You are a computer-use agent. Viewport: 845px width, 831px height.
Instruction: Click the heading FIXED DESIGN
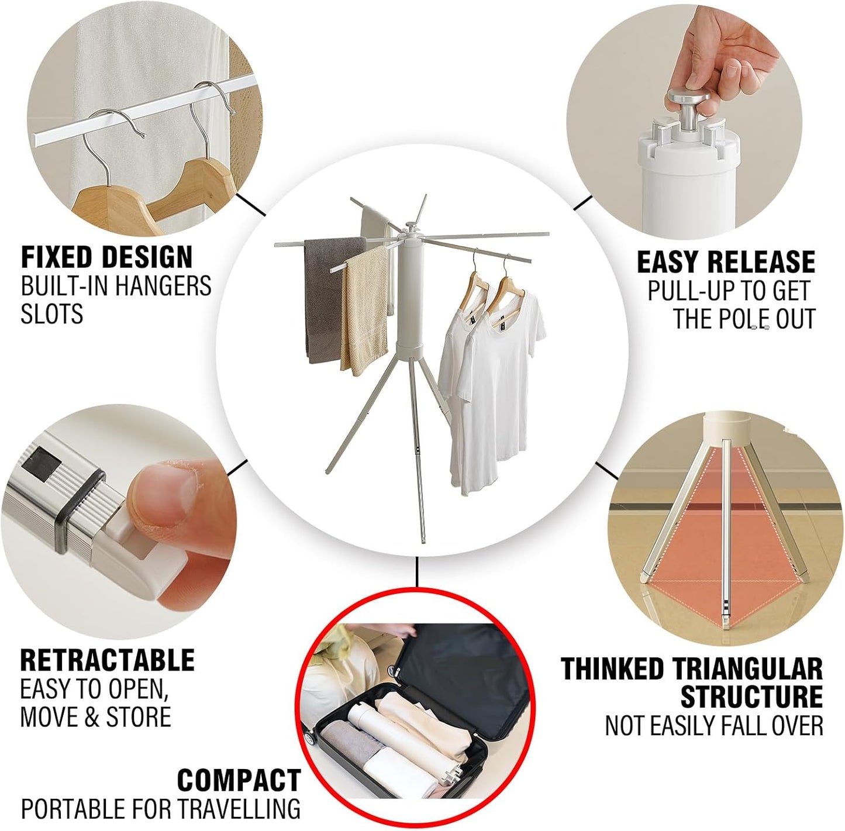click(106, 257)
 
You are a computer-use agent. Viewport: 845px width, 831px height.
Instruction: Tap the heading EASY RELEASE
click(726, 261)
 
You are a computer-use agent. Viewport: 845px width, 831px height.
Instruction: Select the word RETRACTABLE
click(107, 660)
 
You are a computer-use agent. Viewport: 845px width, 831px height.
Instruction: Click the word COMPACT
click(239, 780)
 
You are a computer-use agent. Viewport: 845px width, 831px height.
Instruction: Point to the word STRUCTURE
click(751, 696)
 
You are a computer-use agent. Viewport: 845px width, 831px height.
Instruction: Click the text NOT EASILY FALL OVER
click(713, 726)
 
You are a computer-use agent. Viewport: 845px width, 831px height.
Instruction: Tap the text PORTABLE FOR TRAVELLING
click(160, 809)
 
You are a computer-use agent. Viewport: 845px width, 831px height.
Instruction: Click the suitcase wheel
click(309, 737)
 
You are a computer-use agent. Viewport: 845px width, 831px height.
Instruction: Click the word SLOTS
click(51, 314)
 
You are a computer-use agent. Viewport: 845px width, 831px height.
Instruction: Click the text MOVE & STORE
click(95, 717)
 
